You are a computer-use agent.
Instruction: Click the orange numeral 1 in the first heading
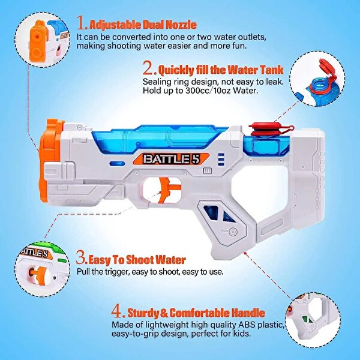coord(82,23)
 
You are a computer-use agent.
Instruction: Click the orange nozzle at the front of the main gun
coord(52,144)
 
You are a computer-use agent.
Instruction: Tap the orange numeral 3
coord(82,260)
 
